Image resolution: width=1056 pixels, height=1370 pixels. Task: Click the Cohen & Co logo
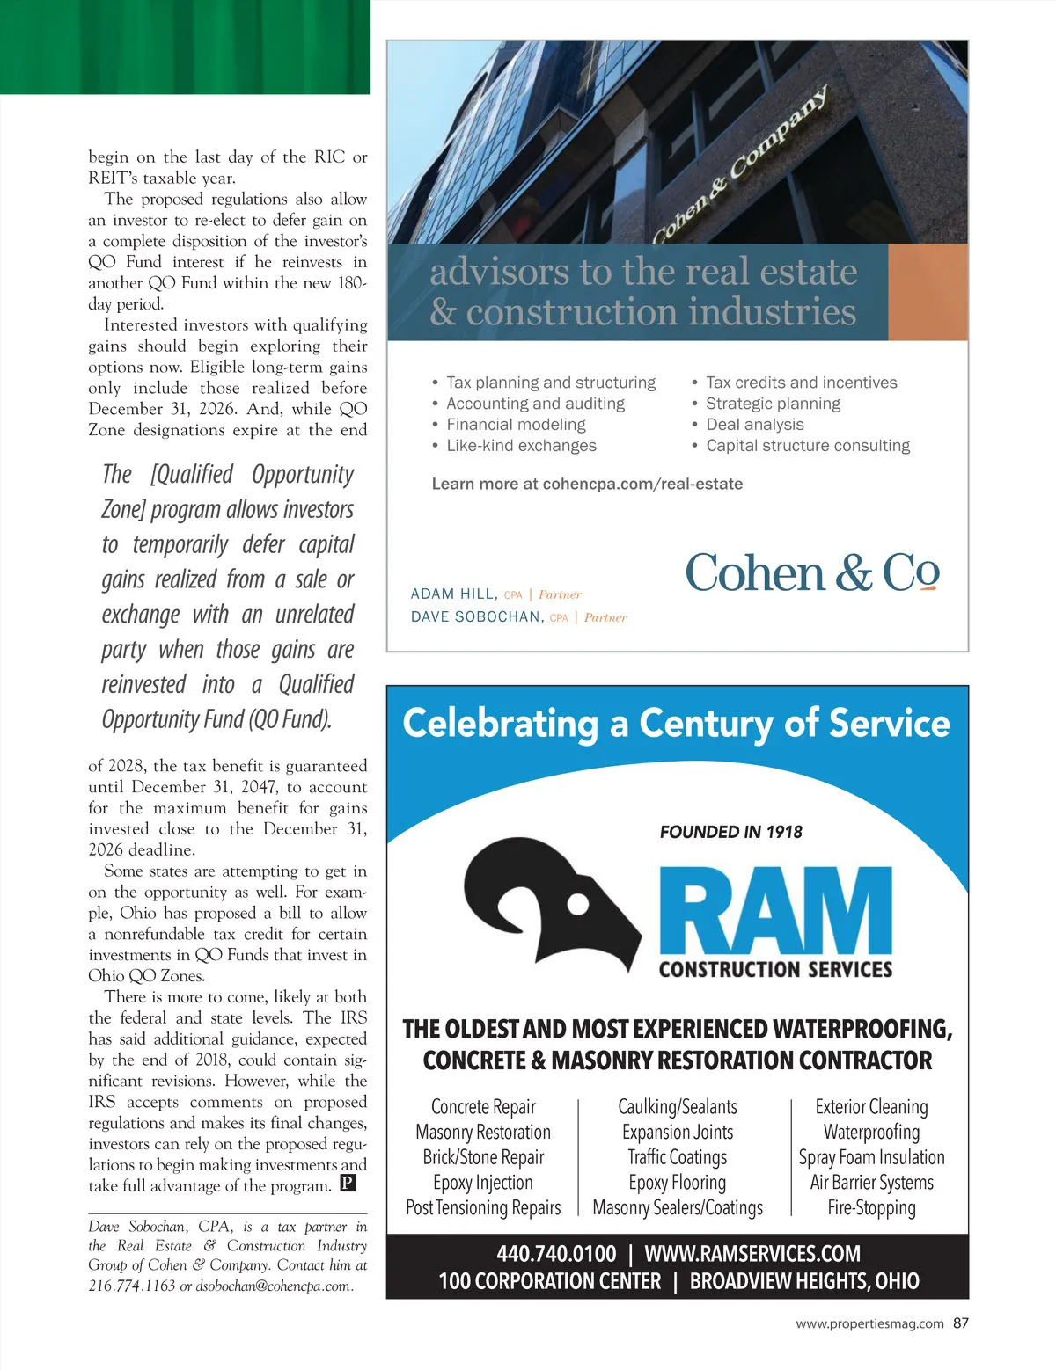[811, 573]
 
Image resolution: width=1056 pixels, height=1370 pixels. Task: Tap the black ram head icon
[554, 902]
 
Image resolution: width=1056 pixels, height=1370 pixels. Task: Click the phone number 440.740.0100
[556, 1253]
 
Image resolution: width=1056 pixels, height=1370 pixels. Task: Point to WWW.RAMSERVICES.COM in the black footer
[752, 1253]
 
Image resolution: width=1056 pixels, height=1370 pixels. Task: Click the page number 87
[960, 1323]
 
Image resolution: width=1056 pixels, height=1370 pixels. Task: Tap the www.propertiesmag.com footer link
[869, 1323]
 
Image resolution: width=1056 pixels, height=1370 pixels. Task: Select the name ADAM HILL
[453, 594]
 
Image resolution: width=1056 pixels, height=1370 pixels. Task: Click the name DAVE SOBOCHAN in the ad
[476, 617]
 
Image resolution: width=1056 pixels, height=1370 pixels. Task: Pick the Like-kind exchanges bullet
[521, 446]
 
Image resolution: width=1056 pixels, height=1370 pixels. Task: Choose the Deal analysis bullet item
[755, 425]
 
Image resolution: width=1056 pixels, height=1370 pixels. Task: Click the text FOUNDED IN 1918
[730, 832]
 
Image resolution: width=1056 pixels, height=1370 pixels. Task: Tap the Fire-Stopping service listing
[871, 1208]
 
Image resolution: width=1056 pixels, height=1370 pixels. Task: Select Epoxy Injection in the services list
[483, 1183]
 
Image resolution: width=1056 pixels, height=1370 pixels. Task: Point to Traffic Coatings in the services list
[677, 1157]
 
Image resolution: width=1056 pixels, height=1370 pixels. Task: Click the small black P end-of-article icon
[348, 1184]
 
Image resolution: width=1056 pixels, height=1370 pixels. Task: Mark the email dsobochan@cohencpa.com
[274, 1286]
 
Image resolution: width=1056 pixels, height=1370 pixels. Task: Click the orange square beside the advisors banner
[928, 292]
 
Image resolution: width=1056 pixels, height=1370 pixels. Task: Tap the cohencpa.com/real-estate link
[642, 484]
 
